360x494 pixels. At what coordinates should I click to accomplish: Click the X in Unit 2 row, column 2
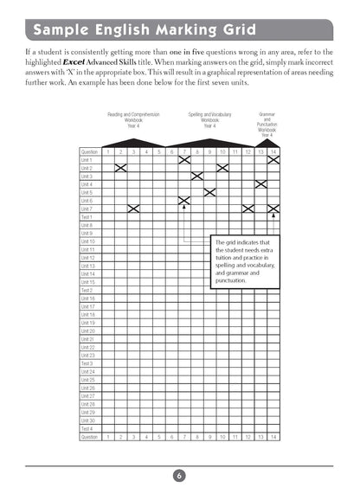120,168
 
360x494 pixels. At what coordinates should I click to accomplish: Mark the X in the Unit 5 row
209,192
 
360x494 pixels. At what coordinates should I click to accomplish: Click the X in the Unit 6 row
184,201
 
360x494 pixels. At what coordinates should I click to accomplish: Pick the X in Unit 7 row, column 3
133,209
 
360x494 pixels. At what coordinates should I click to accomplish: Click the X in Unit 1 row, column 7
184,160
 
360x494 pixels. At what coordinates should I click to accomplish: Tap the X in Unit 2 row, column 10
222,168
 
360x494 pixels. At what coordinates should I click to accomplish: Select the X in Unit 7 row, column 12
248,209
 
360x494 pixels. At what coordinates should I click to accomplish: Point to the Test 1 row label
87,217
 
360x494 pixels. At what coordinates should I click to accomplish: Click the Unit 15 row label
88,282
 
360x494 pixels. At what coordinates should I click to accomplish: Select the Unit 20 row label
88,330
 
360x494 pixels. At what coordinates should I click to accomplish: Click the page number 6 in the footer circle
178,475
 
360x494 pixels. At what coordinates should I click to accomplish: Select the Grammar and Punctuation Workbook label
267,125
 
